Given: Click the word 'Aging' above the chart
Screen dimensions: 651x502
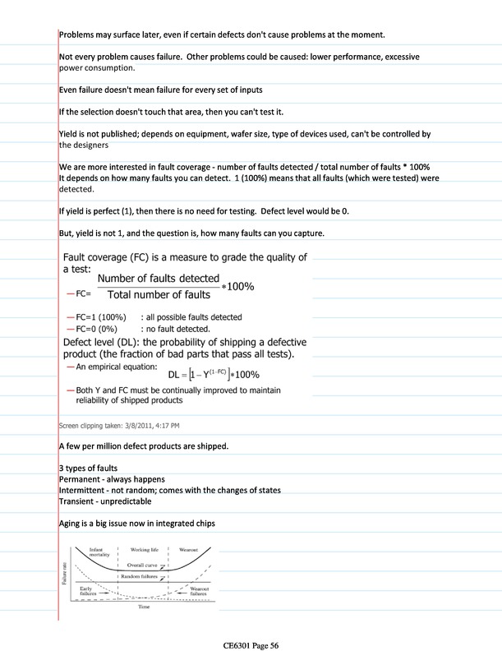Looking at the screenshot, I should tap(72, 522).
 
